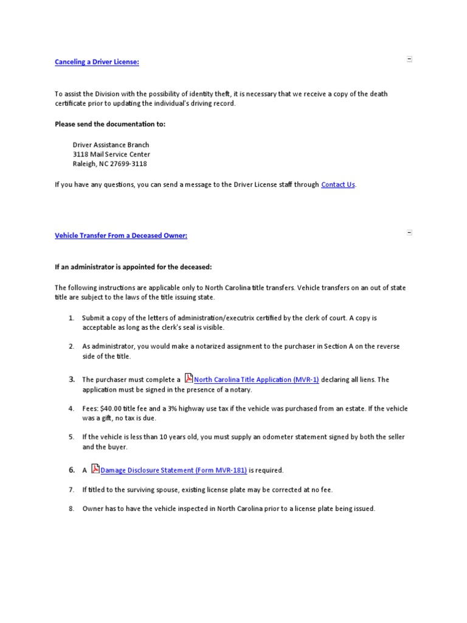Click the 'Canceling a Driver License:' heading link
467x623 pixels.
[x=97, y=62]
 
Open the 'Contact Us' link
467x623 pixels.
[x=337, y=184]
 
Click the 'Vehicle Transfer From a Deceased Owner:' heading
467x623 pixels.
[x=121, y=235]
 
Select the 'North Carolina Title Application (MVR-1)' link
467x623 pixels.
[x=256, y=380]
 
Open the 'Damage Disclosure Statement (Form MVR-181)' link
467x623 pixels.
[x=173, y=470]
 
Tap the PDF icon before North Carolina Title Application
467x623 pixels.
[x=189, y=378]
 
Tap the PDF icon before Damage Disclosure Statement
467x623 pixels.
[x=95, y=469]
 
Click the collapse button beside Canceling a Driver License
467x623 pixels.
[x=409, y=59]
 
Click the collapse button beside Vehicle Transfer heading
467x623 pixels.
[x=409, y=232]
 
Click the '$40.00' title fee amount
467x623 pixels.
[x=109, y=408]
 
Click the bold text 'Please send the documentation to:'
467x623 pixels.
[x=110, y=124]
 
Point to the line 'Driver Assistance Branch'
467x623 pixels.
[x=111, y=145]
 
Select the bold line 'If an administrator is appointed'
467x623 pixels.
[x=133, y=267]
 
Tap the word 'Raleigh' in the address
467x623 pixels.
[x=84, y=164]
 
